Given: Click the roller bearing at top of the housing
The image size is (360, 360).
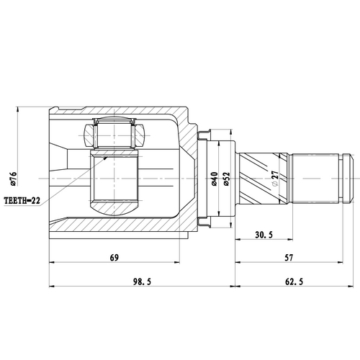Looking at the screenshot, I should tap(114, 134).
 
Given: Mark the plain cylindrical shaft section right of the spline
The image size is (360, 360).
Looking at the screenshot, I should tap(314, 177).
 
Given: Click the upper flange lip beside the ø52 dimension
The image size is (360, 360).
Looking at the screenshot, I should tap(206, 134).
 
